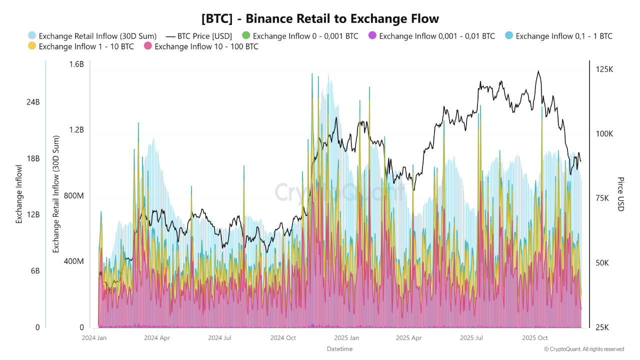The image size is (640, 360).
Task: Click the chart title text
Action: pyautogui.click(x=320, y=19)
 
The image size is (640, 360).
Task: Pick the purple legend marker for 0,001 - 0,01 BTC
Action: pyautogui.click(x=371, y=36)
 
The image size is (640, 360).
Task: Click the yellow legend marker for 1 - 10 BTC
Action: pyautogui.click(x=32, y=46)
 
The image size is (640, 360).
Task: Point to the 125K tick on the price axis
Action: pyautogui.click(x=604, y=69)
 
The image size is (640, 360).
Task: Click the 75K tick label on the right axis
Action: pyautogui.click(x=604, y=198)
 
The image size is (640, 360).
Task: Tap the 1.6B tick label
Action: pyautogui.click(x=76, y=64)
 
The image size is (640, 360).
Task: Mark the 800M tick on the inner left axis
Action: pyautogui.click(x=74, y=195)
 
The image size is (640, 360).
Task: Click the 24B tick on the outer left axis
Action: pyautogui.click(x=33, y=102)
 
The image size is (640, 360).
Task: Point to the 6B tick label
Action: pyautogui.click(x=34, y=270)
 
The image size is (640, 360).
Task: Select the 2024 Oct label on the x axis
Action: pyautogui.click(x=283, y=338)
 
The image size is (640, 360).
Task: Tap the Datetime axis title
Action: pyautogui.click(x=339, y=348)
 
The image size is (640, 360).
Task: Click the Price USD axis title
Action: pyautogui.click(x=620, y=194)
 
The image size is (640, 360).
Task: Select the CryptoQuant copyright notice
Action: pyautogui.click(x=583, y=349)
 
